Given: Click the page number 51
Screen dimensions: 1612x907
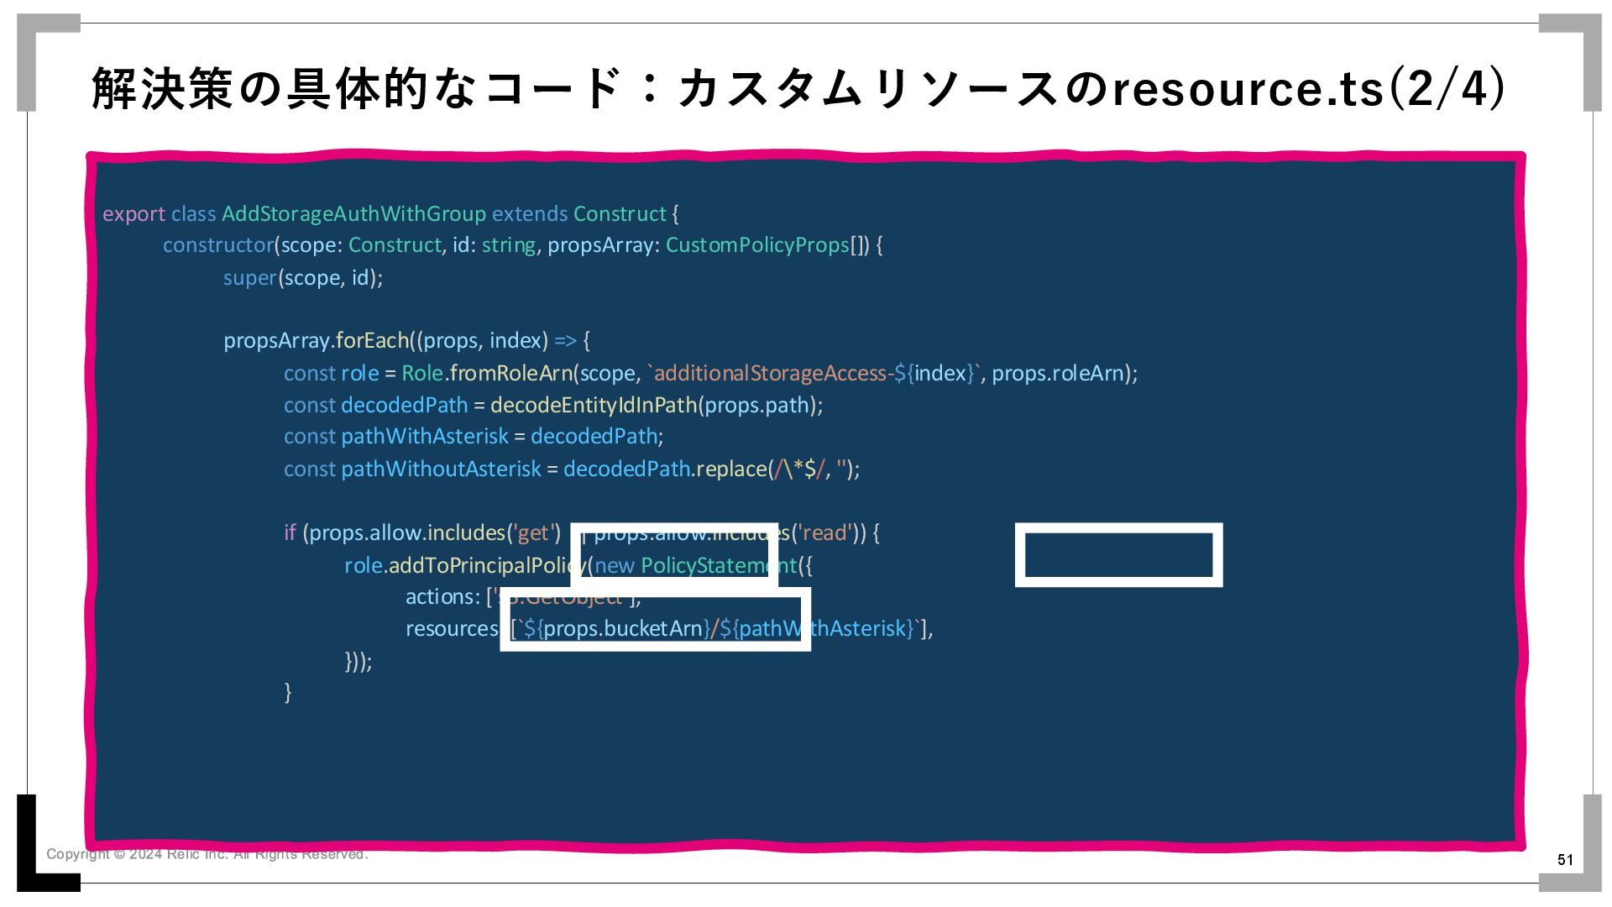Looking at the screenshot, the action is (1565, 859).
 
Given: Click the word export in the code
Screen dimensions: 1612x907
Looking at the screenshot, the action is (133, 214).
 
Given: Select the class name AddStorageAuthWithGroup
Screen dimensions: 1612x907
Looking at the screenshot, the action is (353, 214).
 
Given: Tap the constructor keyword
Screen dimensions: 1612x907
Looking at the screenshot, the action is (218, 245).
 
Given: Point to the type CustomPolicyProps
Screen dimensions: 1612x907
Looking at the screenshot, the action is (757, 245).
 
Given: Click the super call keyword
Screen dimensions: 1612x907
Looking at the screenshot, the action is (249, 278).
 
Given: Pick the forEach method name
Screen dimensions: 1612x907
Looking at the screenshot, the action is (372, 341).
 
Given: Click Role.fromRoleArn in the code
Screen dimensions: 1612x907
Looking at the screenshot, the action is (487, 373).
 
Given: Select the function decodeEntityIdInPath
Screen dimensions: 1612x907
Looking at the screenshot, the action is (594, 405).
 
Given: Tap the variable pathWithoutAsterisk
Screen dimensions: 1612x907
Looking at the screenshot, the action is (441, 469).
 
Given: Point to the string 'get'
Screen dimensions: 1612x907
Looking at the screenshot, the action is (533, 533).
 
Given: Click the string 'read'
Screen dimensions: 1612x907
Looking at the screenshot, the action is (825, 533).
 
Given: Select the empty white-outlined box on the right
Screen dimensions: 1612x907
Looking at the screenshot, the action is (1118, 555).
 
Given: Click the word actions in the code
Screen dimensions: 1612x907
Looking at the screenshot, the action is (442, 597).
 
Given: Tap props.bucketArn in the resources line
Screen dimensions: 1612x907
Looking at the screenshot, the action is (622, 629).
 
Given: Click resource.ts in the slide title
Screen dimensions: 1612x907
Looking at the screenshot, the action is (1248, 89).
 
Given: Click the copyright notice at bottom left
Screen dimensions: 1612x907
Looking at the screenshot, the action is (207, 854).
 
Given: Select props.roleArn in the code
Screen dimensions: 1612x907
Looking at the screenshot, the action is (1058, 373).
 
